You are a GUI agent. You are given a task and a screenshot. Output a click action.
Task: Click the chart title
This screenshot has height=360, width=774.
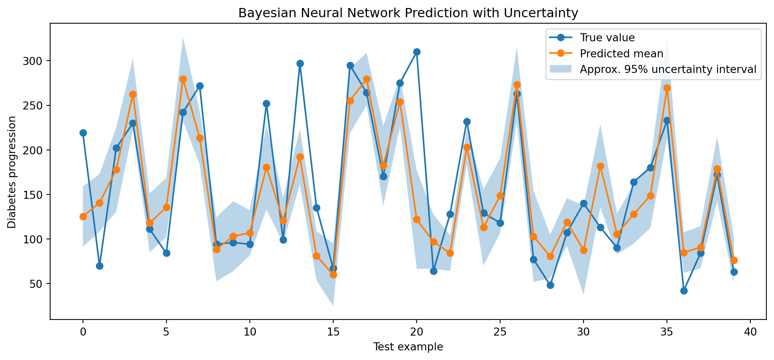tap(408, 13)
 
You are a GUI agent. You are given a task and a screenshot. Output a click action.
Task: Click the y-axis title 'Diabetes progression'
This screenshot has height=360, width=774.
tap(12, 172)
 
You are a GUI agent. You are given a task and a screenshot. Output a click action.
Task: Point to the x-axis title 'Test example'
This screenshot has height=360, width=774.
tap(408, 347)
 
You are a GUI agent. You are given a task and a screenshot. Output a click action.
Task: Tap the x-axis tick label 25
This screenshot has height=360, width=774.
tap(500, 332)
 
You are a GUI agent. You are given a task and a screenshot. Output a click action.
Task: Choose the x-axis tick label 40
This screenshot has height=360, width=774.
tap(750, 332)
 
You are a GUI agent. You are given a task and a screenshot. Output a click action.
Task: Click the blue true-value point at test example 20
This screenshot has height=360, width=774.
tap(417, 52)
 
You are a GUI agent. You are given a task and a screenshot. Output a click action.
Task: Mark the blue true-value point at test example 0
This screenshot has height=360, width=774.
tap(83, 133)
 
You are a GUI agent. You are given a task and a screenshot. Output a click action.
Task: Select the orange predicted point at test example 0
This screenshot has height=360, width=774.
tap(83, 216)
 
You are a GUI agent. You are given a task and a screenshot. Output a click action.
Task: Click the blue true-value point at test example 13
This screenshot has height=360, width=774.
tap(300, 63)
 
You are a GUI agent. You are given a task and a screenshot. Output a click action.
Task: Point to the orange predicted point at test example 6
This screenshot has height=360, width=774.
tap(183, 79)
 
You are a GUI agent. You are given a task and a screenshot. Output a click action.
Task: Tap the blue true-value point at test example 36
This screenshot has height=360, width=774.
tap(684, 291)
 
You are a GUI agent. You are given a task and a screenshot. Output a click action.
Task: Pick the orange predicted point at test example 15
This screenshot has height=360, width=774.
tap(333, 275)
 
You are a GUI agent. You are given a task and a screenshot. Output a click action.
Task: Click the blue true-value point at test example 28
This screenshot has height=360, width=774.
tap(550, 285)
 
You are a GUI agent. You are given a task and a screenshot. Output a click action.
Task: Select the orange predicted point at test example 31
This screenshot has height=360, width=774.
tap(600, 166)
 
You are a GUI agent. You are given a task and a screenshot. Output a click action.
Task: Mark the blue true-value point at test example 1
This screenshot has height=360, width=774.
tap(99, 266)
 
